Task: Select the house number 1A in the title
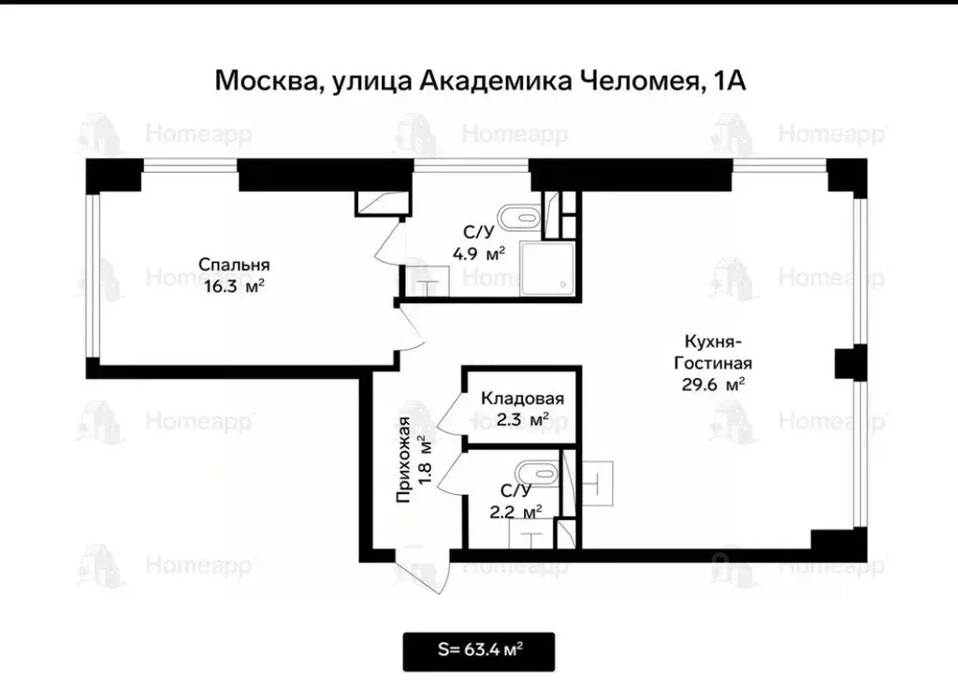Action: [729, 80]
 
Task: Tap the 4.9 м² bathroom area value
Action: [479, 253]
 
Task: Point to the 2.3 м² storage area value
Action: [522, 421]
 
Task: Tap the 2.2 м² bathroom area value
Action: [515, 511]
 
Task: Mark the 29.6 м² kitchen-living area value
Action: [714, 383]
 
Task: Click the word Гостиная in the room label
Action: [714, 363]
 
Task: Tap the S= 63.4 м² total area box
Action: [479, 651]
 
